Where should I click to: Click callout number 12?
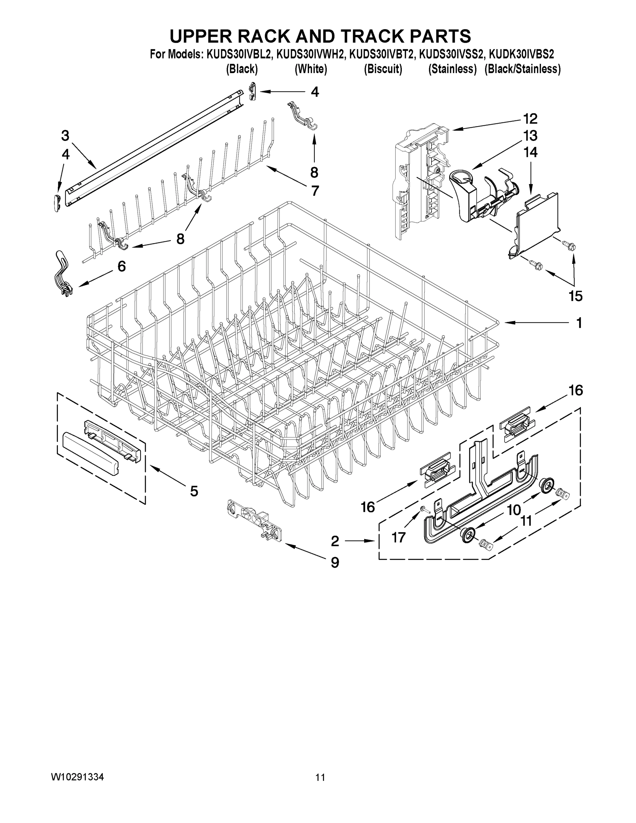click(530, 119)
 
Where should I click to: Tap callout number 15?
click(575, 296)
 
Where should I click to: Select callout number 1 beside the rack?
click(579, 323)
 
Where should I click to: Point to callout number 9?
click(335, 562)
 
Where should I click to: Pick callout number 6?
click(121, 266)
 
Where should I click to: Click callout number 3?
click(65, 136)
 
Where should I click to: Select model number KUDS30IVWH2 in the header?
click(310, 55)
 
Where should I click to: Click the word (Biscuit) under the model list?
click(383, 69)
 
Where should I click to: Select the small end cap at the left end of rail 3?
click(57, 203)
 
